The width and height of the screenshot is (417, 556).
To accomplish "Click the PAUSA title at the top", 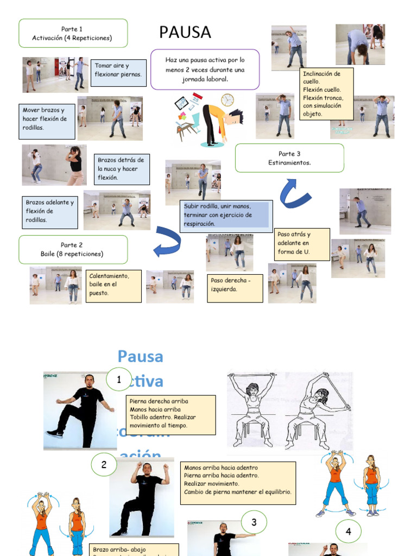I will [185, 33].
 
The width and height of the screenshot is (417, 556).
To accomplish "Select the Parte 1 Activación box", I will [73, 33].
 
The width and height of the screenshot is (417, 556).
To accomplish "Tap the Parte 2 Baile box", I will [73, 249].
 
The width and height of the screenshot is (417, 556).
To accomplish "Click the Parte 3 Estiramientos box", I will [289, 158].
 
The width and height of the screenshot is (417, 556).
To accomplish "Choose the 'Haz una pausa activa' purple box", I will [205, 69].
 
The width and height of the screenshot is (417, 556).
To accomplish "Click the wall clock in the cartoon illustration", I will [227, 100].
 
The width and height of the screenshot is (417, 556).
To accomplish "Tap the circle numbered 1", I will [119, 379].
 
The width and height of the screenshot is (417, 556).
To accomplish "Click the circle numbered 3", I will [254, 522].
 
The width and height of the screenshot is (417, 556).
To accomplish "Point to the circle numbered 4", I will [348, 532].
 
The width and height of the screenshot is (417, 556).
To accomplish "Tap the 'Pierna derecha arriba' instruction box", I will [170, 414].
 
